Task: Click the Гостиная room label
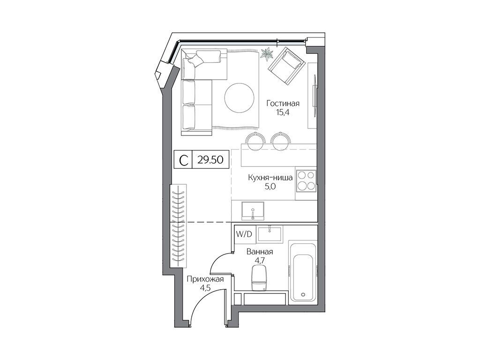click(283, 104)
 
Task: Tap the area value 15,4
click(283, 112)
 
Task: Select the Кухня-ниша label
click(270, 178)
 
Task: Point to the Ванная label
click(260, 252)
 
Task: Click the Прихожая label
click(205, 279)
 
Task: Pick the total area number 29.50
click(210, 160)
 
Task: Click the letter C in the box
click(183, 160)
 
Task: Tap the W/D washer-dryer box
click(244, 234)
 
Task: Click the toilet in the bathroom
click(259, 277)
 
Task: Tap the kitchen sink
click(253, 210)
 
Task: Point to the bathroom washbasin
click(270, 234)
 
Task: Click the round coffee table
click(239, 98)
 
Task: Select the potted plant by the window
click(267, 54)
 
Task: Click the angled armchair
click(286, 66)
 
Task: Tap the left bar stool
click(255, 141)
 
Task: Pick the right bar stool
click(280, 141)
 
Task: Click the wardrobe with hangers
click(179, 225)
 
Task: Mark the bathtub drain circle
click(303, 295)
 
